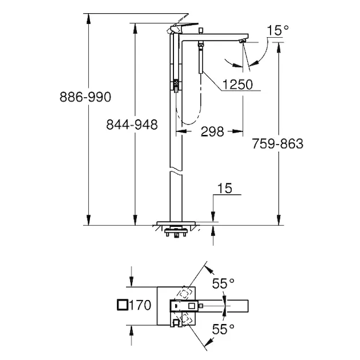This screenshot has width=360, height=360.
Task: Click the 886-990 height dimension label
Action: (x=85, y=97)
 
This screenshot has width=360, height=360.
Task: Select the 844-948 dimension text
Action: (x=132, y=125)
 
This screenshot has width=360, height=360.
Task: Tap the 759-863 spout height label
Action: (x=278, y=144)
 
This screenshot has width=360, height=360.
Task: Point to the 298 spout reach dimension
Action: (x=212, y=131)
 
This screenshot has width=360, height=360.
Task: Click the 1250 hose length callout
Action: (x=238, y=85)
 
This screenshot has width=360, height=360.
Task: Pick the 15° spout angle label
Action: (x=278, y=31)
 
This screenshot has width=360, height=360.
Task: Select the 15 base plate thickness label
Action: (x=224, y=188)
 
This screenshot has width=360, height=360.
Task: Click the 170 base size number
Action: (x=140, y=305)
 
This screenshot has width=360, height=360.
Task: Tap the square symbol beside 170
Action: (x=122, y=305)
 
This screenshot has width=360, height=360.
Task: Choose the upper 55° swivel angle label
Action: (x=223, y=283)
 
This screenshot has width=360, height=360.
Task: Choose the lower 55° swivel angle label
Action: (x=223, y=329)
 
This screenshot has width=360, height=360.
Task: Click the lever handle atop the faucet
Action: (x=184, y=27)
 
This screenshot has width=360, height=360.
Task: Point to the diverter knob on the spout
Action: (x=201, y=31)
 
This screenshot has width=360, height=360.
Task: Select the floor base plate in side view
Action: (x=176, y=223)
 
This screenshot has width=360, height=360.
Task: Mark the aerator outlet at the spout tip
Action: (x=242, y=41)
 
